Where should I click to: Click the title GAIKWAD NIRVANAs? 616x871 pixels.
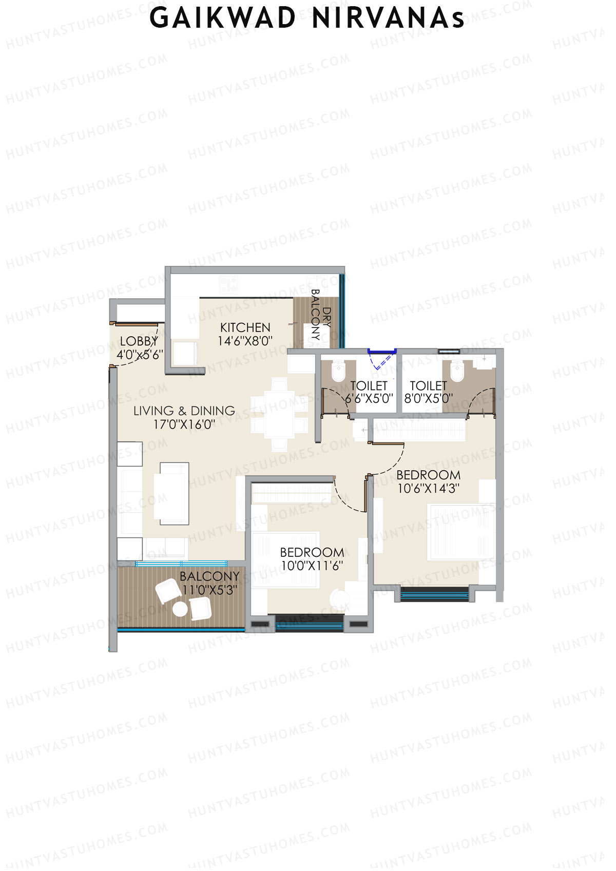coord(307,18)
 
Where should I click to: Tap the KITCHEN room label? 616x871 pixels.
coord(245,327)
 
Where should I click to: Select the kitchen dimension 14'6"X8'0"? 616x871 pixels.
coord(245,341)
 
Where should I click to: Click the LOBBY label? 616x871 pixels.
coord(139,341)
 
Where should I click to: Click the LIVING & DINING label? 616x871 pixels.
coord(184,411)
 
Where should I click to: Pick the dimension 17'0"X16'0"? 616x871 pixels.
coord(184,424)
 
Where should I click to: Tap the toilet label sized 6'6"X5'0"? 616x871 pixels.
coord(369,385)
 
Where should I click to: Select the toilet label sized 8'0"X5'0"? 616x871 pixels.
coord(429,385)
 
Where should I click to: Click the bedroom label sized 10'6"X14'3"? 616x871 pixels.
coord(429,475)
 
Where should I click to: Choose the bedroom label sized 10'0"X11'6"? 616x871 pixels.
coord(312,552)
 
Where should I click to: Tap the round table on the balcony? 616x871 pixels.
coord(180,609)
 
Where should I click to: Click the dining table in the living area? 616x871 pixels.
coord(279,414)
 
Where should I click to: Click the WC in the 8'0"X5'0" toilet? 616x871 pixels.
coord(456,372)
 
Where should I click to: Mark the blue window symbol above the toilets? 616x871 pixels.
coord(382,352)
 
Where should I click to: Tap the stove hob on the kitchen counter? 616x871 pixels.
coord(228,284)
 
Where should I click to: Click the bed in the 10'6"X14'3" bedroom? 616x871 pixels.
coord(461,532)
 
